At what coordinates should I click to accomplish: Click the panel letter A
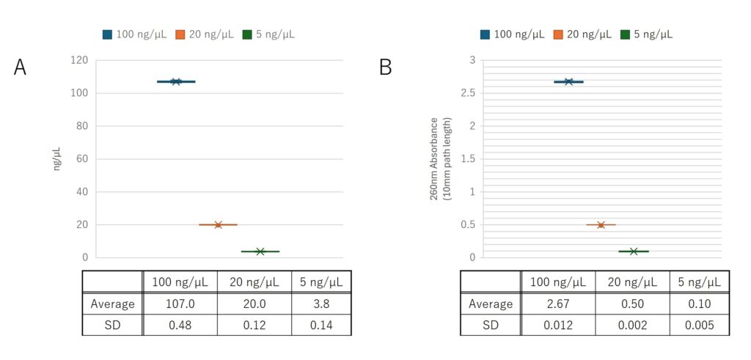click(x=21, y=67)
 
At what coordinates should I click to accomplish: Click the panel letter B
click(x=386, y=67)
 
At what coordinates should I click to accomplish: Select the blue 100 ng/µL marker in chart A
click(x=176, y=81)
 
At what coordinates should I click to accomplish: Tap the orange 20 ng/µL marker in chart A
click(x=218, y=224)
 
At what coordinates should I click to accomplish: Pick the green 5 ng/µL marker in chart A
click(x=260, y=251)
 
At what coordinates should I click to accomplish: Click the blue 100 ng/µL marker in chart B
click(x=568, y=81)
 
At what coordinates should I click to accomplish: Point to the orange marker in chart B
click(x=601, y=224)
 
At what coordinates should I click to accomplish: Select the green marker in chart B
click(x=634, y=251)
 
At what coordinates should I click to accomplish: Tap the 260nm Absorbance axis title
click(x=439, y=158)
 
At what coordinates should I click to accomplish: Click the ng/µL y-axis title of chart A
click(x=56, y=158)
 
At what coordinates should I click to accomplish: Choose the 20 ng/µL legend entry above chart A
click(x=205, y=34)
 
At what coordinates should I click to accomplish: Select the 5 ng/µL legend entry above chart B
click(x=646, y=34)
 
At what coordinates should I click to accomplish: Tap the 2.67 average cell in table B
click(x=557, y=304)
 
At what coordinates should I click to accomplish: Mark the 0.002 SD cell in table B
click(x=632, y=325)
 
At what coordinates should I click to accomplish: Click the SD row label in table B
click(x=491, y=325)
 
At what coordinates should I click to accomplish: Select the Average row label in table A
click(x=112, y=304)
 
